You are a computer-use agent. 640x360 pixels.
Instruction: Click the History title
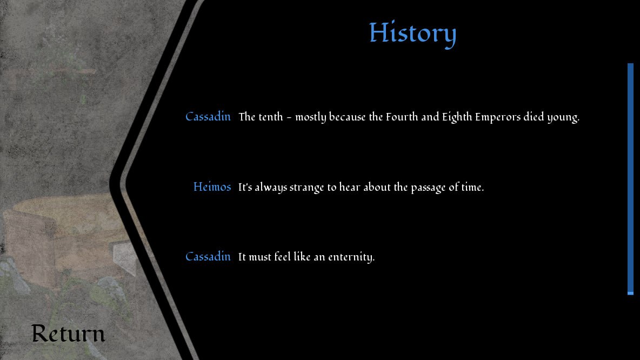[x=412, y=34]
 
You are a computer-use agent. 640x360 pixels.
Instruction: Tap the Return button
[x=68, y=334]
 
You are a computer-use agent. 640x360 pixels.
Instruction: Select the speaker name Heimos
[x=212, y=187]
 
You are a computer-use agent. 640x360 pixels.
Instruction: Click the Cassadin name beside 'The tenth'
[x=208, y=117]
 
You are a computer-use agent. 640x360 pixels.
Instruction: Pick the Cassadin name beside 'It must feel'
[x=208, y=257]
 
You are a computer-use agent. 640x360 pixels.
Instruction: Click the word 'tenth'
[x=271, y=117]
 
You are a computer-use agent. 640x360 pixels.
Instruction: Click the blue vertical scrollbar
[x=630, y=179]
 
